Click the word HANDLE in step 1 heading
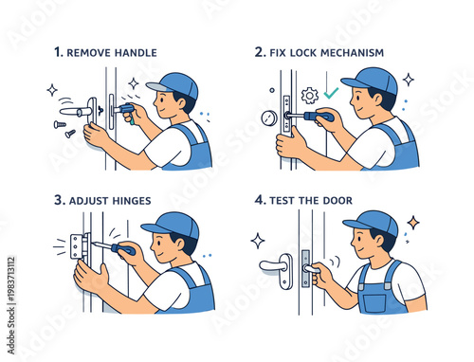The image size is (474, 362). click(136, 53)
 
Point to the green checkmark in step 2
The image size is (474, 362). click(331, 93)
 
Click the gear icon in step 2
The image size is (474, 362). click(309, 96)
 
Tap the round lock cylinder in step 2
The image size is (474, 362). click(269, 118)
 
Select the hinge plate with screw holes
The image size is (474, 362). click(76, 246)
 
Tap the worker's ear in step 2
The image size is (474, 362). click(379, 99)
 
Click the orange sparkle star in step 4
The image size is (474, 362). click(413, 224)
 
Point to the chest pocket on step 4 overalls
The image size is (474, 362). click(374, 303)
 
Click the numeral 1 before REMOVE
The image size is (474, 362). click(58, 52)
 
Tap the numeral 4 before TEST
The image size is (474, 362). click(260, 200)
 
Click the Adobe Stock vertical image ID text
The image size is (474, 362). click(11, 306)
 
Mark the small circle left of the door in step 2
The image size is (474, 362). click(272, 90)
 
